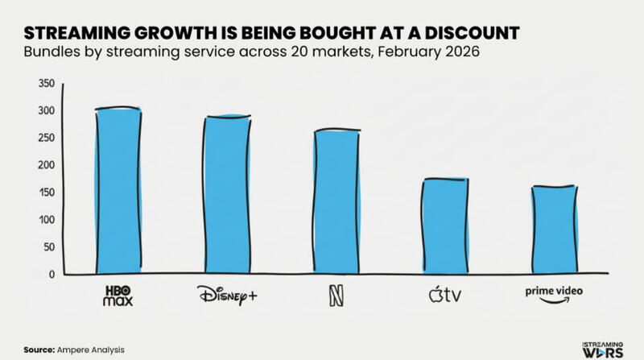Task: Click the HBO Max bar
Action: point(118,192)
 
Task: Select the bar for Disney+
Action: point(226,196)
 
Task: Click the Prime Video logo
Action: point(554,295)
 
